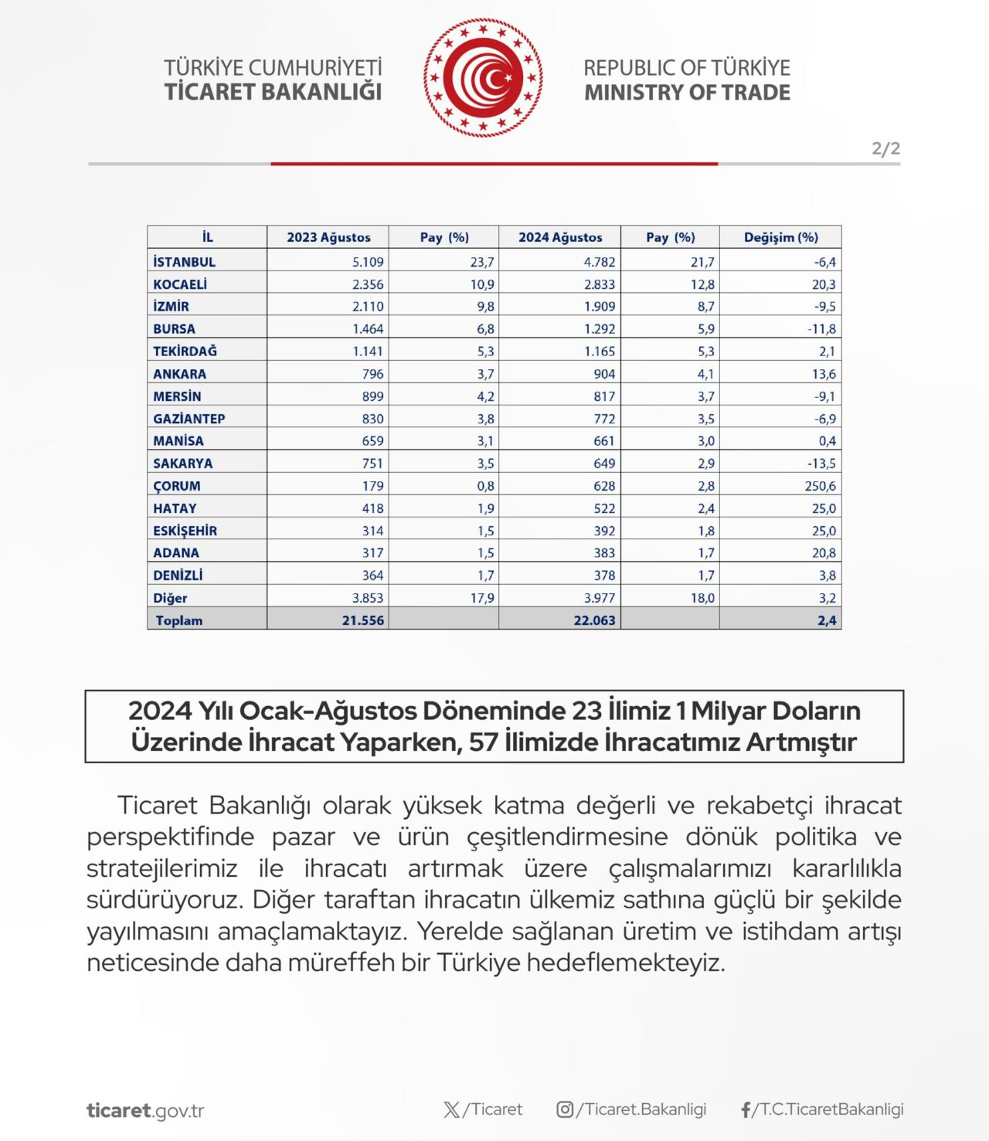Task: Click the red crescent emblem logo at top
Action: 483,78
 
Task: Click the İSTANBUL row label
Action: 184,262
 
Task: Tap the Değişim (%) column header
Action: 780,237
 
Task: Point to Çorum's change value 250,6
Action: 820,486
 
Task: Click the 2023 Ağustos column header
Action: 328,237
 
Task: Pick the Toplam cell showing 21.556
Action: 362,620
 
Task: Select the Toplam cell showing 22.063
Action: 594,620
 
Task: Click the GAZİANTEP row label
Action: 189,419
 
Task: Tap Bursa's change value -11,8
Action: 821,329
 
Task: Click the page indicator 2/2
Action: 885,148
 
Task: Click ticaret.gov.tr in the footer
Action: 145,1111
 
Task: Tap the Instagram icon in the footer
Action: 565,1109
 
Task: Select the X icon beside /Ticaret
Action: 452,1110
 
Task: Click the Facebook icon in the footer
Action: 746,1110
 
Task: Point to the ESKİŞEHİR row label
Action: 185,531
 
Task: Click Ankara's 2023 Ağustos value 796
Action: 372,374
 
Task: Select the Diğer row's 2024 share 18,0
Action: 702,598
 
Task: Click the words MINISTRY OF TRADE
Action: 687,93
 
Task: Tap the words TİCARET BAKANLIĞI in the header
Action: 273,92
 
